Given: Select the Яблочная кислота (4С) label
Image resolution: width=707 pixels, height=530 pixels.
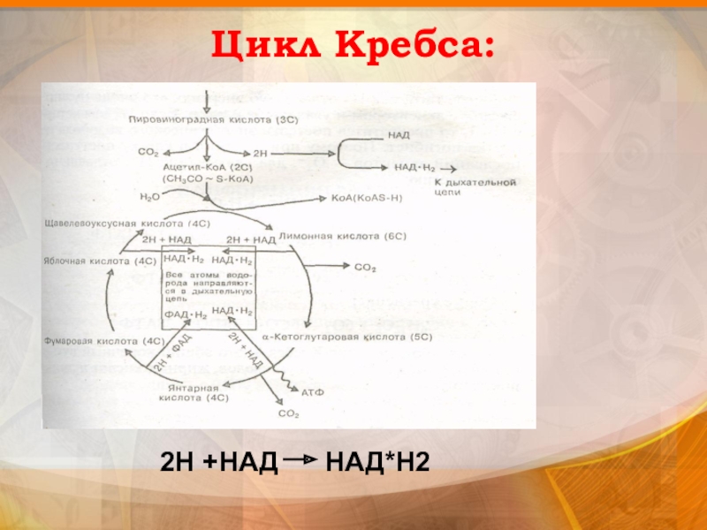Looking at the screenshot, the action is coord(100,261).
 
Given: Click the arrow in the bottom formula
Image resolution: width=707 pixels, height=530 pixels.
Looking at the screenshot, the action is coord(300,460).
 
